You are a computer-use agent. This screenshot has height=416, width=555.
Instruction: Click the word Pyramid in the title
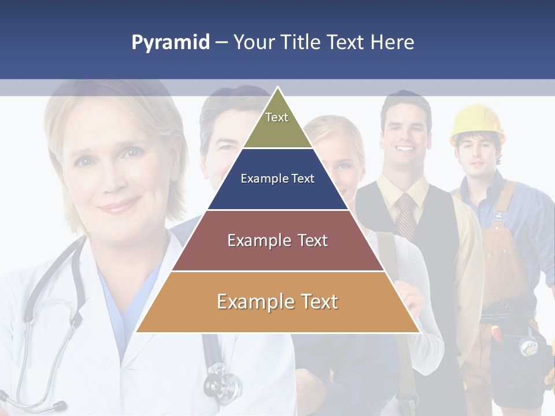click(x=171, y=43)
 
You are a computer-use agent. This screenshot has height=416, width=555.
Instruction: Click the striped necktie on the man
click(x=406, y=214)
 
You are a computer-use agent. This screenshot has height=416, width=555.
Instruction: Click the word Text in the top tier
click(x=277, y=117)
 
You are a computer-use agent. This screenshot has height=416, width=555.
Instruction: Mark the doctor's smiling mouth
click(x=120, y=205)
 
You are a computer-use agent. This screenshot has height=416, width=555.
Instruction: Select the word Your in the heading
click(x=253, y=42)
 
